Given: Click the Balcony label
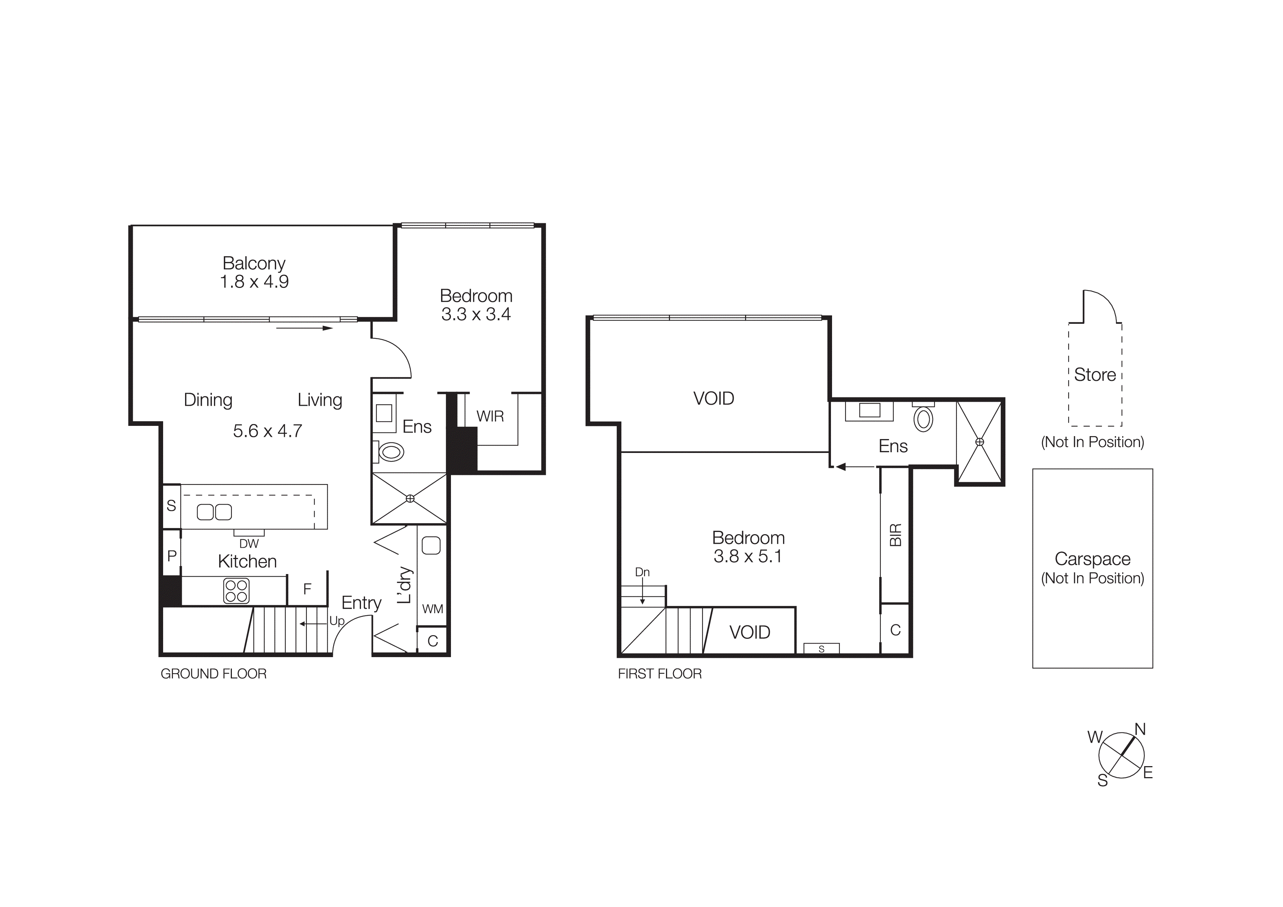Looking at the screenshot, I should [x=254, y=263].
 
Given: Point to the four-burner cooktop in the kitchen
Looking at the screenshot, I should [x=236, y=591].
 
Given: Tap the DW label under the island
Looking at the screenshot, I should [x=249, y=543].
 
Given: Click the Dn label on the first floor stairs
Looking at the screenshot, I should [x=642, y=572].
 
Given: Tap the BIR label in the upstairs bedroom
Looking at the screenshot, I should [x=895, y=535].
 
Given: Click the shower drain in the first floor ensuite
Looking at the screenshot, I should [x=979, y=442].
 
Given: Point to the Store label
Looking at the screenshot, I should [x=1095, y=374].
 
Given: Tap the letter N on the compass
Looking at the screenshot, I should [x=1140, y=729].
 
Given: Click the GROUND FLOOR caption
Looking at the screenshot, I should [x=214, y=674].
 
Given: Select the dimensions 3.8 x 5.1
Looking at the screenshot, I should [x=747, y=556].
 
